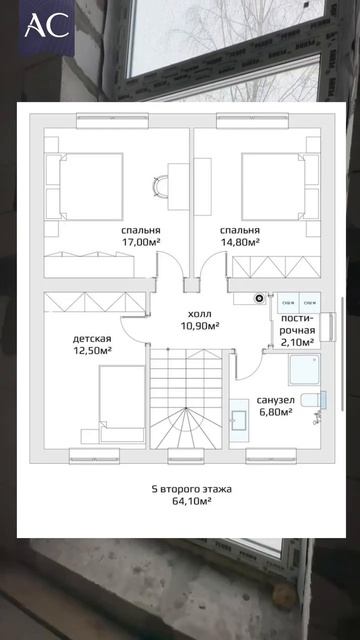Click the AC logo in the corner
[46, 25]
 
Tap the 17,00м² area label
[141, 242]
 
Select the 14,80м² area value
[240, 242]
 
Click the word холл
[200, 314]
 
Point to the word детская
[92, 339]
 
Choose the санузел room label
[276, 400]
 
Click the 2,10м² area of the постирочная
[298, 342]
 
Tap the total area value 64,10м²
[191, 501]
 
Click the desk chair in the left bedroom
[160, 186]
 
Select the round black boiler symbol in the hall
[259, 298]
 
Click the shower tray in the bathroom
[304, 369]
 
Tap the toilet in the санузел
[313, 400]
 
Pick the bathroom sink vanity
[239, 420]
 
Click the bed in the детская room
[122, 403]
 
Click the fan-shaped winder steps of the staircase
[186, 428]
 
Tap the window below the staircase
[186, 456]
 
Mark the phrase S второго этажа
[191, 489]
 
